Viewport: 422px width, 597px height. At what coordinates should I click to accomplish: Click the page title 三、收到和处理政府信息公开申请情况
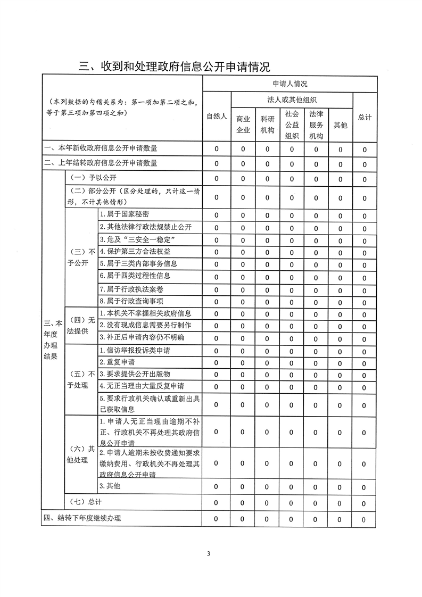tap(175, 67)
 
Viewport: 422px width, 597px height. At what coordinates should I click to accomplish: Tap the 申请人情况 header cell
tap(290, 84)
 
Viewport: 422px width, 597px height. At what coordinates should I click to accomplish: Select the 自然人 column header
tap(217, 117)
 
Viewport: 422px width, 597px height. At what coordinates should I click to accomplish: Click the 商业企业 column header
tap(243, 125)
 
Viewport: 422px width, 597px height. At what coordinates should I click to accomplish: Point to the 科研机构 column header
tap(267, 125)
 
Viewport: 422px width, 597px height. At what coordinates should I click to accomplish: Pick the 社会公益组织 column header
tap(292, 125)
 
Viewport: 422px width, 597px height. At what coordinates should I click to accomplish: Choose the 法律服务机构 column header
tap(316, 125)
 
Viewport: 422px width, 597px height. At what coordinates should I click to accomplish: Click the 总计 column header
tap(365, 117)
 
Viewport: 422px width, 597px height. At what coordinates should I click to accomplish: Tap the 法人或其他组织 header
tap(292, 99)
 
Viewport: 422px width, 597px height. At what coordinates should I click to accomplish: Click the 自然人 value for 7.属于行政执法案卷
tap(217, 289)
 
